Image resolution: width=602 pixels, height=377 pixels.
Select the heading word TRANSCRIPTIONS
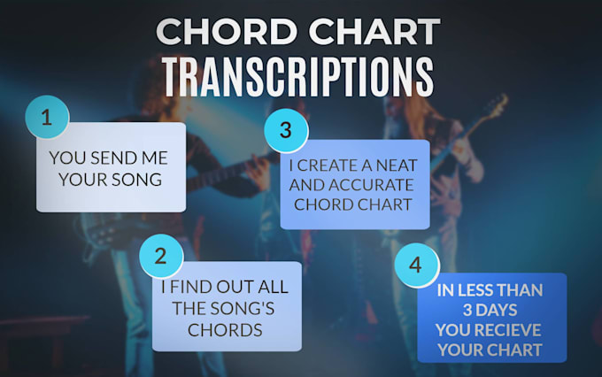pos(297,77)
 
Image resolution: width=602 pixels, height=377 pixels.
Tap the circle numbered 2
pos(160,257)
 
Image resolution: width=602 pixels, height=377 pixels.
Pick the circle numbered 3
pos(285,129)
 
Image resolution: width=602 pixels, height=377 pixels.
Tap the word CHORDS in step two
pos(225,329)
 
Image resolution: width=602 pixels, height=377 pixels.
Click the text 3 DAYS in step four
pos(490,309)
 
